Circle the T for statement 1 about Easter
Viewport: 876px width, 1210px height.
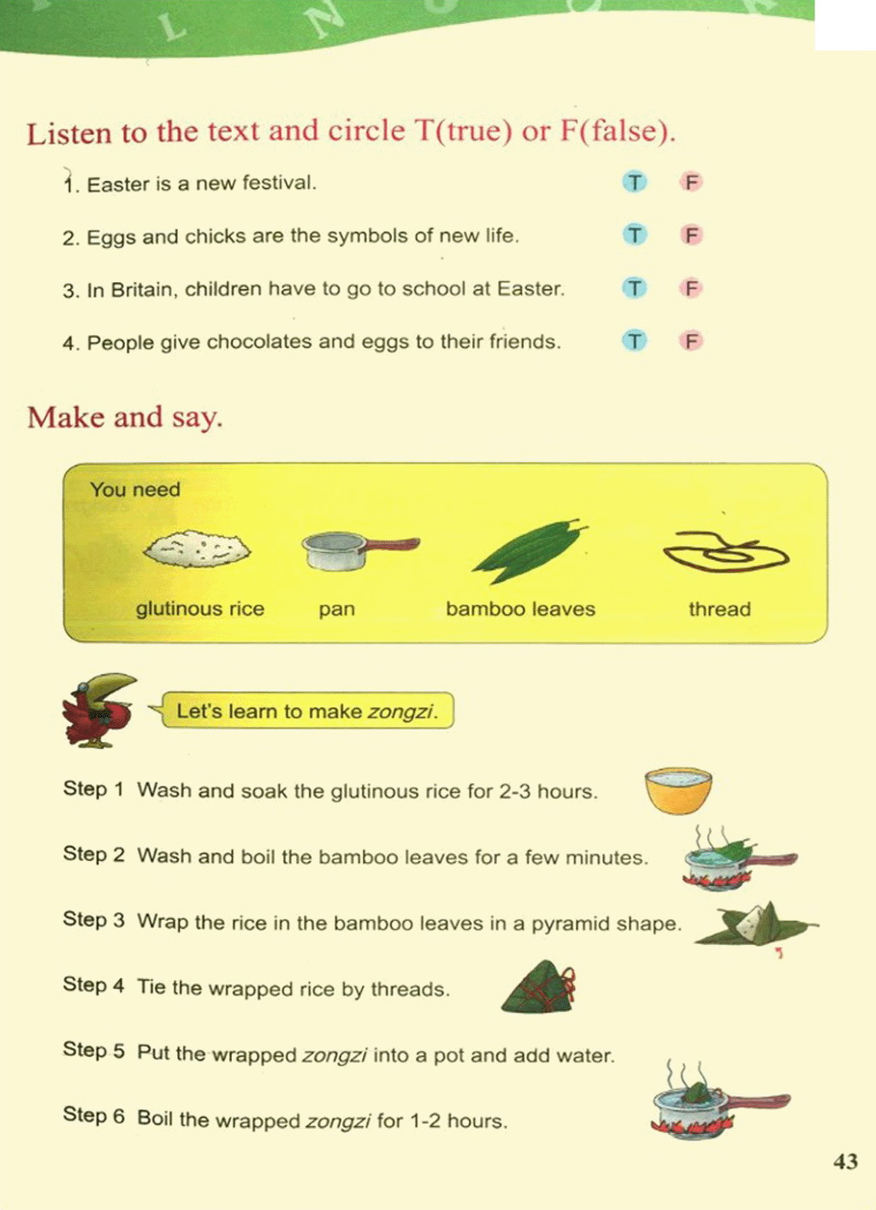tap(635, 183)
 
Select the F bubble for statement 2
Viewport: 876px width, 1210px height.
tap(691, 235)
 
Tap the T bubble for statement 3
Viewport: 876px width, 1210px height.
tap(635, 288)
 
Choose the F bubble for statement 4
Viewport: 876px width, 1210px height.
tap(691, 341)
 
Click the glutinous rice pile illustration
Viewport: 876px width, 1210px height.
tap(198, 548)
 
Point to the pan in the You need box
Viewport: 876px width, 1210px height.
tap(360, 551)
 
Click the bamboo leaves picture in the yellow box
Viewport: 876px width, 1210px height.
tap(529, 552)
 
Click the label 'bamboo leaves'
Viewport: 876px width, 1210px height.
tap(520, 610)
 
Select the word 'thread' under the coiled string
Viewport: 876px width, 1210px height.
tap(719, 610)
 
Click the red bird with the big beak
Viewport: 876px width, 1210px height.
tap(99, 710)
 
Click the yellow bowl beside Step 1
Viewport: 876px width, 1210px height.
tap(678, 791)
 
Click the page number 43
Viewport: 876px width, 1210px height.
tap(846, 1161)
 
